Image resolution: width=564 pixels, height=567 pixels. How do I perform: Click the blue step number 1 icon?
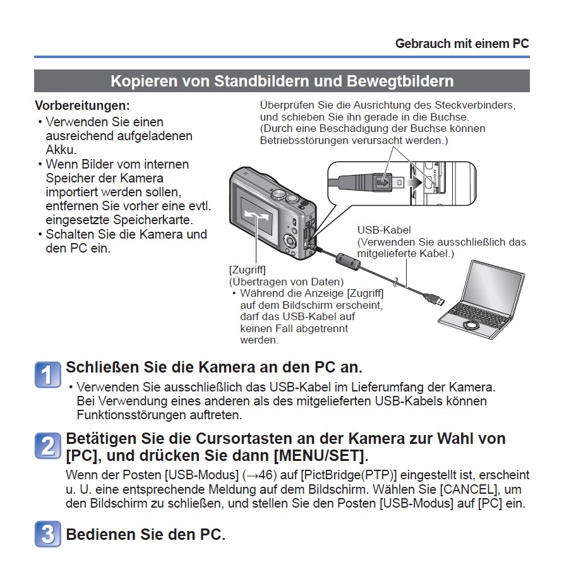click(48, 374)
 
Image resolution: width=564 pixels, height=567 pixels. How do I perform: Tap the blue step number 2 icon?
click(48, 446)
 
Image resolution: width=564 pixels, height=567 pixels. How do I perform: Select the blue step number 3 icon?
click(48, 534)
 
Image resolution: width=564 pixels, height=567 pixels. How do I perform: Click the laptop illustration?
click(481, 300)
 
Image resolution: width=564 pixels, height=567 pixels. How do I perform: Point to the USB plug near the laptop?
click(435, 298)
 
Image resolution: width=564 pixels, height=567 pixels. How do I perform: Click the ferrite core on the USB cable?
click(348, 261)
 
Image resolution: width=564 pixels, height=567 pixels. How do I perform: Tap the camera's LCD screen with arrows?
click(256, 215)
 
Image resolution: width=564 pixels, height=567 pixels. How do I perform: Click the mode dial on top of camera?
click(279, 194)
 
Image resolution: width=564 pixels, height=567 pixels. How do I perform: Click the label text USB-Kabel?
click(384, 230)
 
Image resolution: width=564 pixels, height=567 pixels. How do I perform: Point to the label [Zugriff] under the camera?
click(247, 270)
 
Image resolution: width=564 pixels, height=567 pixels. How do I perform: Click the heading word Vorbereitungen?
click(82, 105)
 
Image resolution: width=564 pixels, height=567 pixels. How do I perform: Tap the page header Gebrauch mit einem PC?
click(462, 44)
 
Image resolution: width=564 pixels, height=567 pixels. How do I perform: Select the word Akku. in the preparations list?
click(61, 150)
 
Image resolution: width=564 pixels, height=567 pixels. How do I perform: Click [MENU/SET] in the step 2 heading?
click(321, 456)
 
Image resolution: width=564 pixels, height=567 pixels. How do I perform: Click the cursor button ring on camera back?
click(290, 240)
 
